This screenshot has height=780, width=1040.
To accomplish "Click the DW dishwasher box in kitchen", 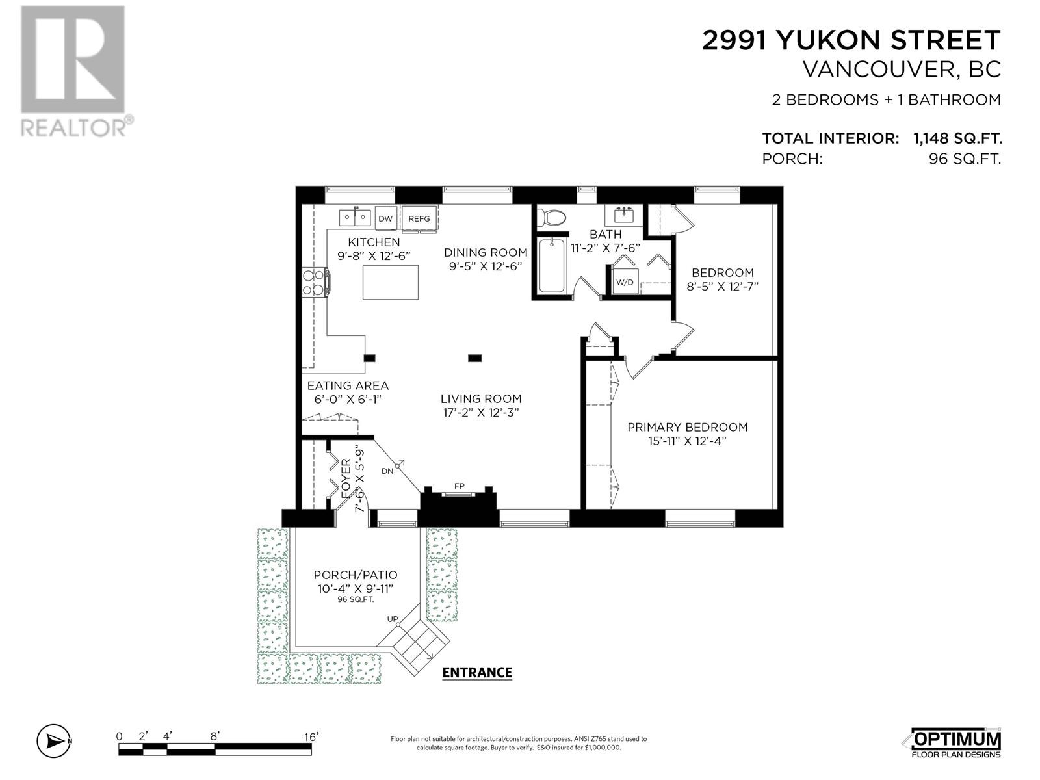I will [385, 218].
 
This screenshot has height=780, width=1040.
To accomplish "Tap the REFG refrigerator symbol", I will [419, 218].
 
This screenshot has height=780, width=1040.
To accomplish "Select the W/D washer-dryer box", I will [624, 282].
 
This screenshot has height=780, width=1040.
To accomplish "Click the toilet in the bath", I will [552, 217].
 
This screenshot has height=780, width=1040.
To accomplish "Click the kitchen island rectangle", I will [390, 282].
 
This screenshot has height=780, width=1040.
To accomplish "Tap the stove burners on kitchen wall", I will [314, 283].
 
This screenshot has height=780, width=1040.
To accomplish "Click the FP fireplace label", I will [459, 486].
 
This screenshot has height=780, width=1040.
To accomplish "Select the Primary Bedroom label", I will [687, 427].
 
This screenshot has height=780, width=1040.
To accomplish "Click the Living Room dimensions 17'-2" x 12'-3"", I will [480, 412].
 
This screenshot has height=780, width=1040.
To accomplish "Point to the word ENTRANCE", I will [477, 673].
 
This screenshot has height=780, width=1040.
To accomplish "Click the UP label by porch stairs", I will [393, 619].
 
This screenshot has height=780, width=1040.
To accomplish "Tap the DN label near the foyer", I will [387, 471].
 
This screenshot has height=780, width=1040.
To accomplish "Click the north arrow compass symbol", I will [54, 740].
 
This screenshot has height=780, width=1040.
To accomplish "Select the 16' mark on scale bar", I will [311, 736].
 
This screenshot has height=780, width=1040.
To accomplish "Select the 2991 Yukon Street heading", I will [851, 40].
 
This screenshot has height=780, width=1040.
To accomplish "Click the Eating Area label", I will [348, 385].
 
